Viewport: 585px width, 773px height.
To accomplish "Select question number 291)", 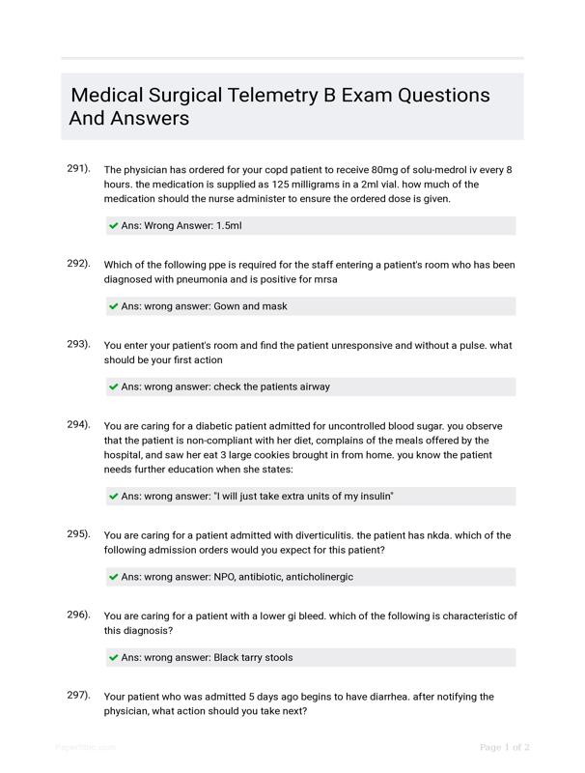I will point(78,168).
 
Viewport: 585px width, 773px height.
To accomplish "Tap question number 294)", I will point(78,424).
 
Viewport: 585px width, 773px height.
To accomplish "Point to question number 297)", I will point(78,695).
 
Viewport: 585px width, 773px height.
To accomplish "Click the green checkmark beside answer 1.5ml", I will point(114,226).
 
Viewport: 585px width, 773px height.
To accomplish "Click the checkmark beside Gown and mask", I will point(114,306).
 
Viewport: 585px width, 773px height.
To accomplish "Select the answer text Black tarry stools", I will point(253,657).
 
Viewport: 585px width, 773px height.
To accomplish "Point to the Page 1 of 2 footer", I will point(505,747).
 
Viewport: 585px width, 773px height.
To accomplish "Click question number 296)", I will point(78,615).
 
